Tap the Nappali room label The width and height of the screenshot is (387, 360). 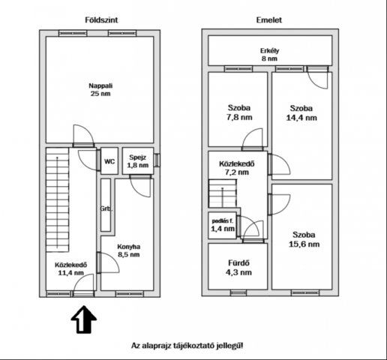point(100,89)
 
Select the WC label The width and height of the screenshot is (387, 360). point(109,160)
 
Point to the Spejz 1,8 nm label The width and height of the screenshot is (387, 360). point(137,160)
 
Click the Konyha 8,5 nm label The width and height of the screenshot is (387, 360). point(129,250)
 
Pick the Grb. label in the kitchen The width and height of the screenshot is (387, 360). point(106,209)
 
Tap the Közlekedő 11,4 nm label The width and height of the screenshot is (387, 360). point(71,268)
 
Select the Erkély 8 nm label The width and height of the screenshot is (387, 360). point(268,54)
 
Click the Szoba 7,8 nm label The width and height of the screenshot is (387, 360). point(237,112)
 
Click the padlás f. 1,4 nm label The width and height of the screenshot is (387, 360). point(222,224)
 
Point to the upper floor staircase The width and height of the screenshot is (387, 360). point(223,196)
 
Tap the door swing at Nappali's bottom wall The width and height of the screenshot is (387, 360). point(82,136)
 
